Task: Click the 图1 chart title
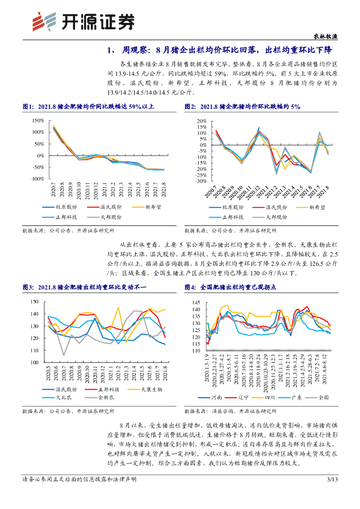[89, 107]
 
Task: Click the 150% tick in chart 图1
[38, 121]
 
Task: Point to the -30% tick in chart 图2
[199, 181]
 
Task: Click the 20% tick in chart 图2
[201, 121]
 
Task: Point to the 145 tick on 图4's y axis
[195, 303]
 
